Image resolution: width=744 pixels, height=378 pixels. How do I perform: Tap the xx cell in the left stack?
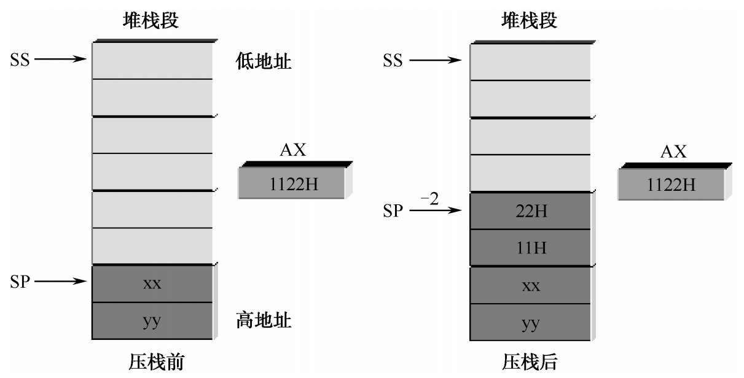click(152, 283)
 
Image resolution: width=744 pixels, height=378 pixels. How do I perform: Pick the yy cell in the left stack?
click(152, 320)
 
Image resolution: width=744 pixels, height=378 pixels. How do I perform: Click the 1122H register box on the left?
click(294, 184)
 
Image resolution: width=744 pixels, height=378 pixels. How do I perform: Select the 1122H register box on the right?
click(672, 185)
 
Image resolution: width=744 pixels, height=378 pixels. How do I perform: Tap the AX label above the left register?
click(293, 150)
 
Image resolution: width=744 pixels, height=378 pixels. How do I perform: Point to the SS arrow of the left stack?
click(61, 60)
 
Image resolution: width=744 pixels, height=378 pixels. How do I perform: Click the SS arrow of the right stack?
click(436, 60)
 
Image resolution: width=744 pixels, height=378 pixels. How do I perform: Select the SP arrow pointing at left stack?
click(61, 282)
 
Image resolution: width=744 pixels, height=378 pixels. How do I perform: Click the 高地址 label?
click(264, 320)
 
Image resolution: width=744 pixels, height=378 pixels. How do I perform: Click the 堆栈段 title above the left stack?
click(151, 21)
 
